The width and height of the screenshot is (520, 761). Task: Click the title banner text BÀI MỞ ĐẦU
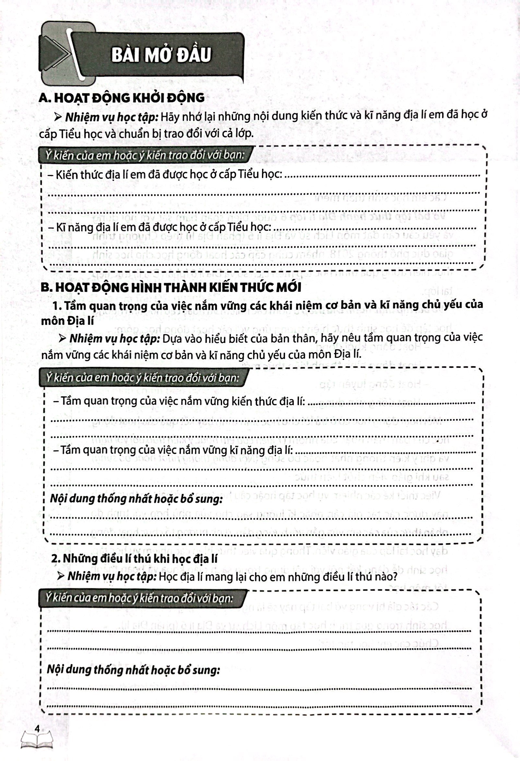pos(161,55)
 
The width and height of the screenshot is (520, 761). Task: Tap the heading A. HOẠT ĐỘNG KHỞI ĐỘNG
pos(122,98)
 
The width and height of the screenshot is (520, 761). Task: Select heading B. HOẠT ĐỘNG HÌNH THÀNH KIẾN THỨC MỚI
pos(171,287)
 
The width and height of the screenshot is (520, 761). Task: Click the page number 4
pos(37,729)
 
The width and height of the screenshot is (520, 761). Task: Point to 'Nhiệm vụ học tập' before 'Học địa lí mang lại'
pos(112,576)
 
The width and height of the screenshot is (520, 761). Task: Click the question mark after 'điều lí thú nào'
pos(395,576)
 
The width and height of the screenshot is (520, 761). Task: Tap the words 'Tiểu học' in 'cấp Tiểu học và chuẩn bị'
pos(85,134)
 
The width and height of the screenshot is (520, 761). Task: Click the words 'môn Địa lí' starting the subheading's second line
pos(67,321)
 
